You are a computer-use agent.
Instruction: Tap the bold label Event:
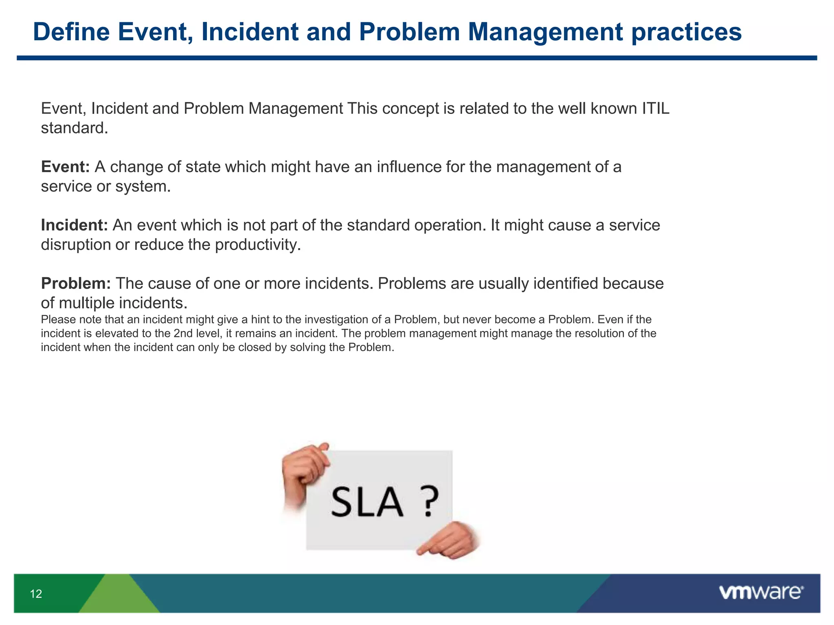point(65,167)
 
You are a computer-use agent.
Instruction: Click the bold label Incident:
point(74,225)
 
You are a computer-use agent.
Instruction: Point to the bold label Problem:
point(76,283)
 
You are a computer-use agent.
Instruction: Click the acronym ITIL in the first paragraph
point(656,109)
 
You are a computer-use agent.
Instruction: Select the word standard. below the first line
point(75,128)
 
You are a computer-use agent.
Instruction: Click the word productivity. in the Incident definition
point(258,245)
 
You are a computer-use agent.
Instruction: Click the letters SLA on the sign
point(367,503)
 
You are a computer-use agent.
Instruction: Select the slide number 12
point(36,594)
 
